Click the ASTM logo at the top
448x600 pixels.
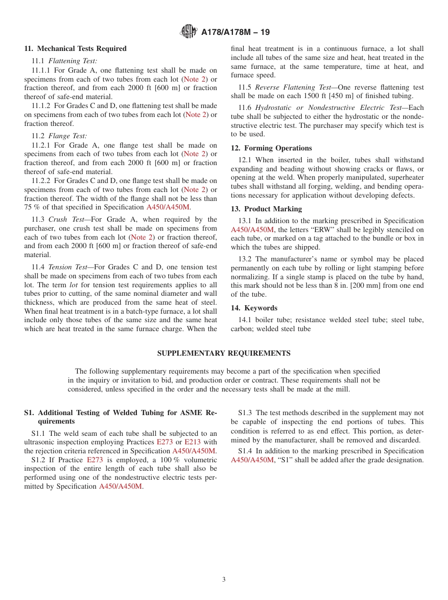pos(189,32)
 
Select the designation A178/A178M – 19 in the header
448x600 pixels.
pos(235,33)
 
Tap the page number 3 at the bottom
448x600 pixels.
pos(224,580)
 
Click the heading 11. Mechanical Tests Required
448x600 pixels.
pos(75,49)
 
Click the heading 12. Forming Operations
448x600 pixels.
pos(271,148)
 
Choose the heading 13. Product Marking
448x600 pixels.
pos(266,209)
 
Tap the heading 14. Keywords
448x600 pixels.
pos(254,308)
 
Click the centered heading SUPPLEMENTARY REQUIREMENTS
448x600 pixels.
pos(224,353)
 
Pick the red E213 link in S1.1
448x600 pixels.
pos(192,442)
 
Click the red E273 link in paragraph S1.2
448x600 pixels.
pos(95,460)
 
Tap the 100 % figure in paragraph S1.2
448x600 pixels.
pos(163,460)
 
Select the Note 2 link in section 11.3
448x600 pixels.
pos(141,237)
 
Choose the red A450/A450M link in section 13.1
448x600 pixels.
pos(252,230)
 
